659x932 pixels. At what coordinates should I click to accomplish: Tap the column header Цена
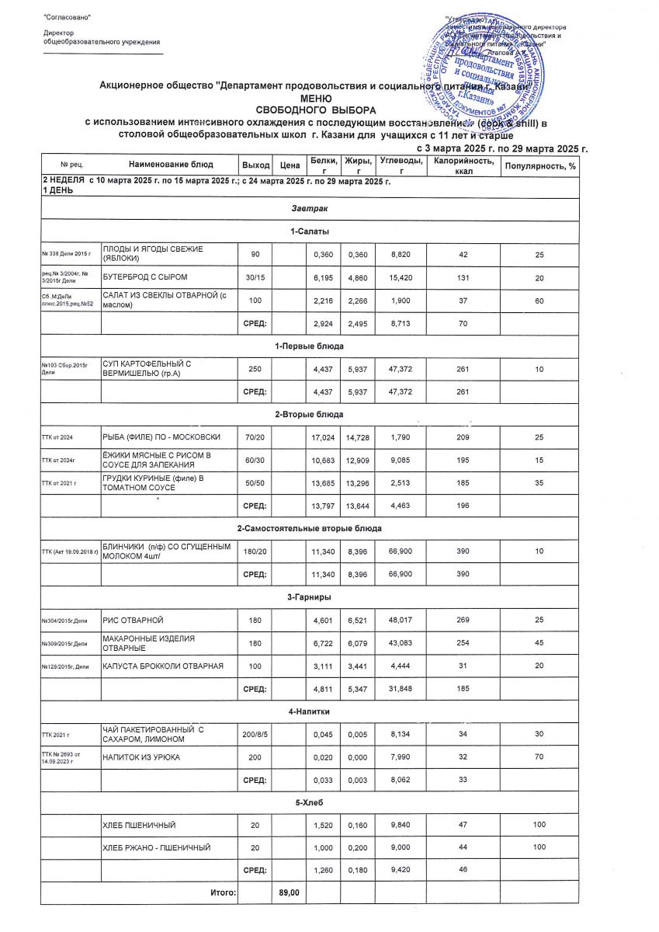290,165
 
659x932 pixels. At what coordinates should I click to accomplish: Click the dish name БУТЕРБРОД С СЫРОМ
146,276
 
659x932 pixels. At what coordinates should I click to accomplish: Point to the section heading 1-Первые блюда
309,345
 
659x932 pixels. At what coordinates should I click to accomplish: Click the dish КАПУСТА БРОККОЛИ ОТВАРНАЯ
164,666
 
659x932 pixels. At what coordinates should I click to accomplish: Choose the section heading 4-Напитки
309,711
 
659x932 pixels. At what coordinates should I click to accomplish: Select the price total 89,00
290,894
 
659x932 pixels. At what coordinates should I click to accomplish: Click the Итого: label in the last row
224,894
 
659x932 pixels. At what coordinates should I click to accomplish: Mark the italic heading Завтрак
309,210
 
